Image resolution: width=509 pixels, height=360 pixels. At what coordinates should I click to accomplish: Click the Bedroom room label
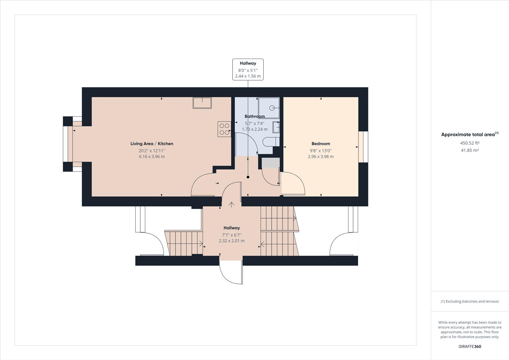(320, 144)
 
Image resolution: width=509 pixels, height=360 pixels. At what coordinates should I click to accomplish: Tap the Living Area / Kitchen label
(152, 144)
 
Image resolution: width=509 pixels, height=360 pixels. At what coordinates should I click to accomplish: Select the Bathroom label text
(254, 116)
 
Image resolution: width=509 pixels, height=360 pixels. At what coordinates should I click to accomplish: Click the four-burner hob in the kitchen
(224, 129)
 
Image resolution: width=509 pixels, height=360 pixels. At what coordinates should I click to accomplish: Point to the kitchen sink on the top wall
(202, 103)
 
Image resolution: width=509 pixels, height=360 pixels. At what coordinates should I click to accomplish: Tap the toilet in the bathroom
(270, 142)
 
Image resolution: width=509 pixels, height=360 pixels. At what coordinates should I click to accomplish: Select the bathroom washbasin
(276, 127)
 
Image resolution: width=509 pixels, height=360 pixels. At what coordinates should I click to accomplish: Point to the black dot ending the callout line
(248, 177)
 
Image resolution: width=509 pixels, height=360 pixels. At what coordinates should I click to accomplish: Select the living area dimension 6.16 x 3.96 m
(152, 156)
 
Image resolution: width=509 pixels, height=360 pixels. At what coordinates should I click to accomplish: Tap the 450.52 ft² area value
(470, 143)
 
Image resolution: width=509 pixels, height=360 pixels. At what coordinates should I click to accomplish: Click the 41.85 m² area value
(470, 150)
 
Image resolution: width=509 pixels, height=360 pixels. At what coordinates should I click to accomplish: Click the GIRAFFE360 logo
(470, 346)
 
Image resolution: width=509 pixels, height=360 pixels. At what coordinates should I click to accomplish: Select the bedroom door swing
(292, 183)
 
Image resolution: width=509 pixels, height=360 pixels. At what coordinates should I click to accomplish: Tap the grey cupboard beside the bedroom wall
(270, 163)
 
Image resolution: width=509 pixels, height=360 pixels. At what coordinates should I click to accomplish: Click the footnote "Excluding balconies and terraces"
(470, 301)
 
